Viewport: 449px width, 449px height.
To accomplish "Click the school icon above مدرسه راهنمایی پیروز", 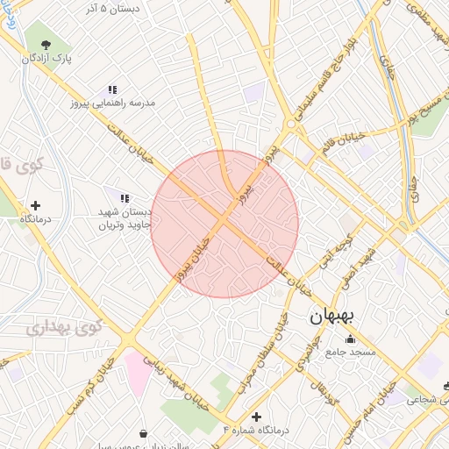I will (x=112, y=89).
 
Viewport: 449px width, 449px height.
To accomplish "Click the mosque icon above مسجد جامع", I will (x=351, y=339).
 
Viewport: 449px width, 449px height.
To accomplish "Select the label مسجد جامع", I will (x=351, y=352).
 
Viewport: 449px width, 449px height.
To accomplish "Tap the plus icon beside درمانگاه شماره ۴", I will (x=256, y=417).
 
